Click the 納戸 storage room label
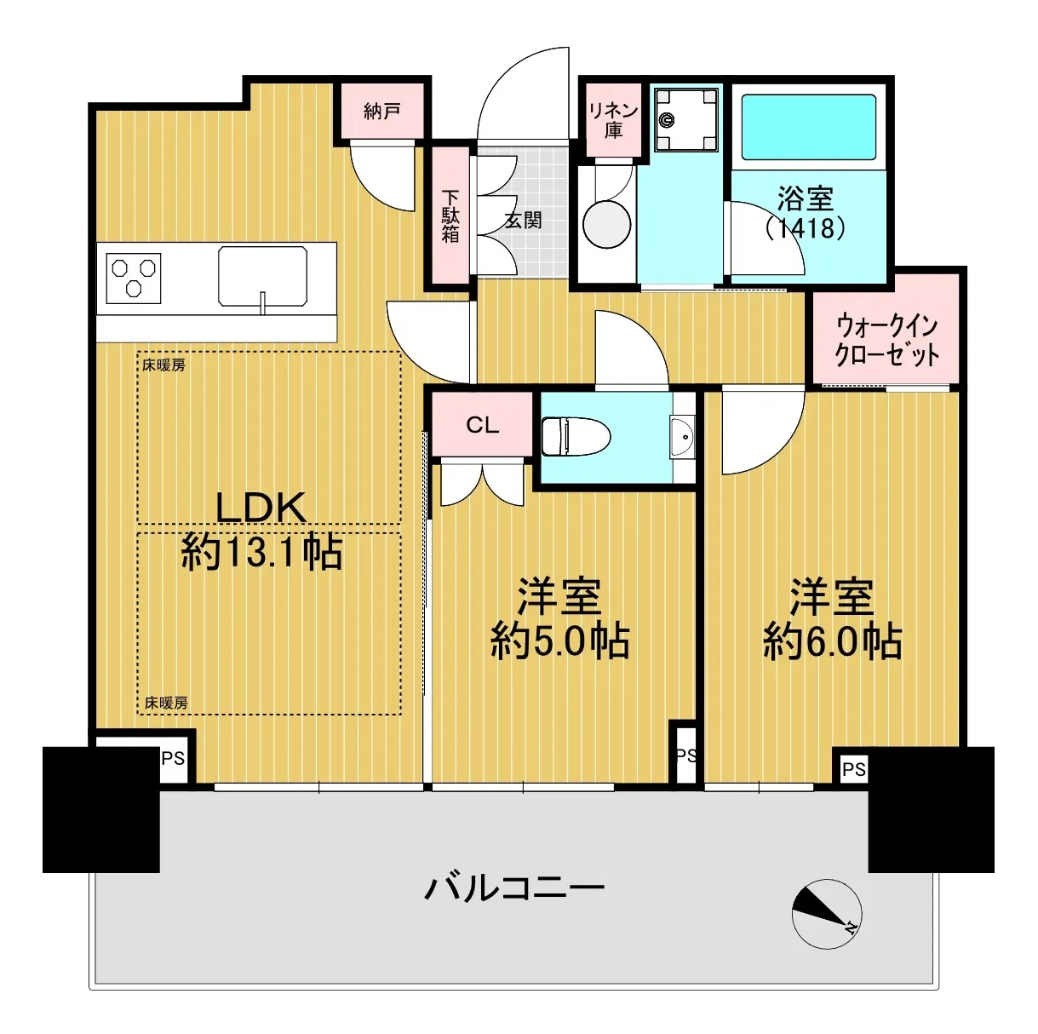[381, 112]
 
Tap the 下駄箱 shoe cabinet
[450, 215]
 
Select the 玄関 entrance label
[523, 220]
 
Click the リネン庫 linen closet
[613, 119]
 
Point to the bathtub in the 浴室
[809, 127]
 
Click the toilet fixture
[576, 436]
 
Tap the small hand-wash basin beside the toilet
[682, 437]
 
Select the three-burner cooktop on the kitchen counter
[134, 278]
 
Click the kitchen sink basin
[263, 277]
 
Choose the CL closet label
[482, 425]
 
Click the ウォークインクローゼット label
[886, 341]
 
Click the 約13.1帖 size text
[261, 552]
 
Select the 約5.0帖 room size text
[559, 641]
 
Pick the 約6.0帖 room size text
[832, 641]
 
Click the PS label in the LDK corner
[173, 759]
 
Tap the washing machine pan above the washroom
[686, 120]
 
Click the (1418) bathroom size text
[805, 229]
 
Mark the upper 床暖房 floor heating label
[163, 365]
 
